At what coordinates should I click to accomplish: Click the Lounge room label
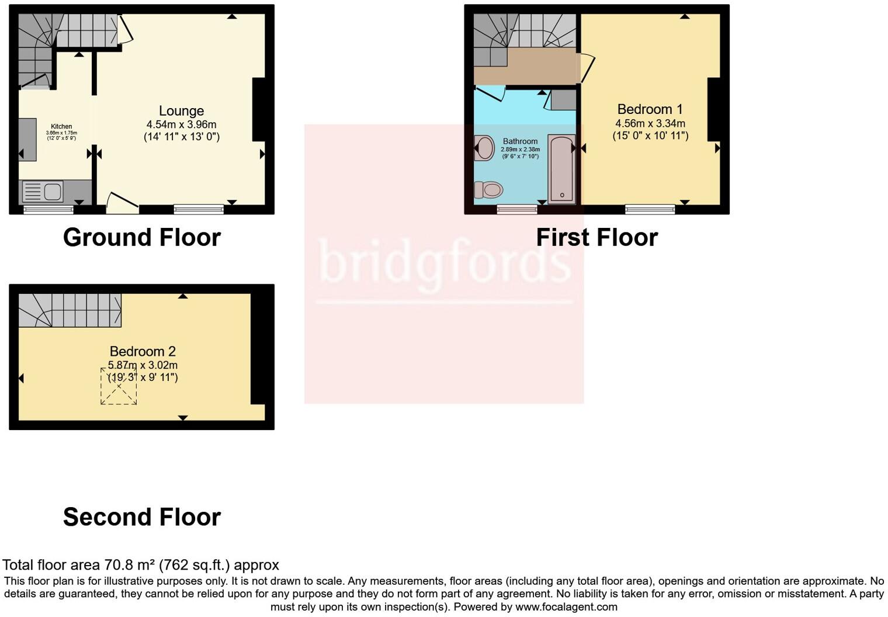pyautogui.click(x=181, y=111)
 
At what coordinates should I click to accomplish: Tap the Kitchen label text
pyautogui.click(x=61, y=126)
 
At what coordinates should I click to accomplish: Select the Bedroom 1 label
pyautogui.click(x=650, y=109)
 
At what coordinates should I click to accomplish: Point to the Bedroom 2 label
pyautogui.click(x=143, y=351)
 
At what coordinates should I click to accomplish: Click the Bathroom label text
pyautogui.click(x=520, y=141)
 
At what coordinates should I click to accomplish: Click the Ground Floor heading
pyautogui.click(x=142, y=237)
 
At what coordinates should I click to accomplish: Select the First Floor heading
pyautogui.click(x=596, y=237)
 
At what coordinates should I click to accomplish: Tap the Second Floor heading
pyautogui.click(x=142, y=517)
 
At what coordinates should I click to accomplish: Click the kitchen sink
pyautogui.click(x=52, y=191)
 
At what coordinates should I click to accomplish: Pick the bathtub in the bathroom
pyautogui.click(x=561, y=168)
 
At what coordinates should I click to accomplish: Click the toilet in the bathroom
pyautogui.click(x=489, y=190)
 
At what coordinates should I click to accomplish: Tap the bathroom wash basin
pyautogui.click(x=484, y=148)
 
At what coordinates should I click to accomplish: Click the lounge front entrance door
pyautogui.click(x=122, y=202)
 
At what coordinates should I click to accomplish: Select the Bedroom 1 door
pyautogui.click(x=587, y=68)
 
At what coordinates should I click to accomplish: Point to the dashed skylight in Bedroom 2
pyautogui.click(x=119, y=386)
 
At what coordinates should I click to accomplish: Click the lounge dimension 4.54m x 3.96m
pyautogui.click(x=181, y=124)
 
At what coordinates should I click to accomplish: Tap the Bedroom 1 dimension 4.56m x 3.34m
pyautogui.click(x=650, y=123)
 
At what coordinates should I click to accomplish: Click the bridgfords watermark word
pyautogui.click(x=444, y=262)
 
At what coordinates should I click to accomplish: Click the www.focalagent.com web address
pyautogui.click(x=566, y=606)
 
